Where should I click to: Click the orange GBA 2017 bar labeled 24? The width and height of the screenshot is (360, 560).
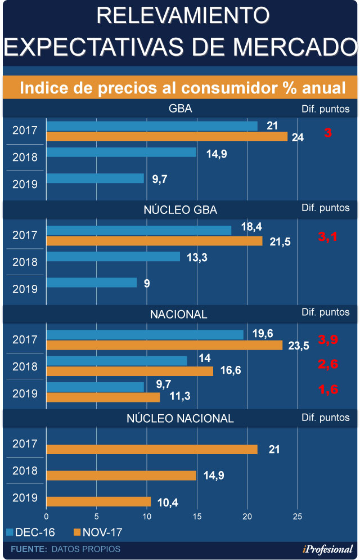pyautogui.click(x=166, y=136)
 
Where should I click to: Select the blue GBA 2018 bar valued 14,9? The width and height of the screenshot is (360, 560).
pyautogui.click(x=121, y=152)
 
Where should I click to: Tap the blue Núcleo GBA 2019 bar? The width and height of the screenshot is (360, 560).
pyautogui.click(x=91, y=283)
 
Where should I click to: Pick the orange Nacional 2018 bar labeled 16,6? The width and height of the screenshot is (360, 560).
pyautogui.click(x=129, y=371)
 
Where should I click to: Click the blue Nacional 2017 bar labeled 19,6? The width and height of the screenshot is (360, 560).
pyautogui.click(x=145, y=334)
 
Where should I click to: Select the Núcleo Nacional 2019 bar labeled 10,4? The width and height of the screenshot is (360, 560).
pyautogui.click(x=98, y=501)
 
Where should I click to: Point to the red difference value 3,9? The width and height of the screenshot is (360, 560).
pyautogui.click(x=328, y=339)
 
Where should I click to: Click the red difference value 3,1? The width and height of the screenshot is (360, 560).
pyautogui.click(x=328, y=237)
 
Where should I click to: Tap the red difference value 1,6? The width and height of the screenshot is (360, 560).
pyautogui.click(x=328, y=389)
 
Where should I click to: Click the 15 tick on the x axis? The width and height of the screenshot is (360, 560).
pyautogui.click(x=197, y=516)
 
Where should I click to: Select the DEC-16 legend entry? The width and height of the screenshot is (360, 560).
pyautogui.click(x=33, y=532)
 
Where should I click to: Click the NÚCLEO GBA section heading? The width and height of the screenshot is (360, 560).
pyautogui.click(x=181, y=210)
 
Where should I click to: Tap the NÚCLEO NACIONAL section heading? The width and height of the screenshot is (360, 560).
pyautogui.click(x=180, y=418)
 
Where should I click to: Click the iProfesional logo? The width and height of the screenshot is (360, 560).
pyautogui.click(x=326, y=549)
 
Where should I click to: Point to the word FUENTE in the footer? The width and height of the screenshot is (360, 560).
pyautogui.click(x=29, y=549)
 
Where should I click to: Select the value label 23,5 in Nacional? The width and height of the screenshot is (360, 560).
pyautogui.click(x=299, y=346)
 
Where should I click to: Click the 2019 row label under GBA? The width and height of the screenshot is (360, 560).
pyautogui.click(x=25, y=184)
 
